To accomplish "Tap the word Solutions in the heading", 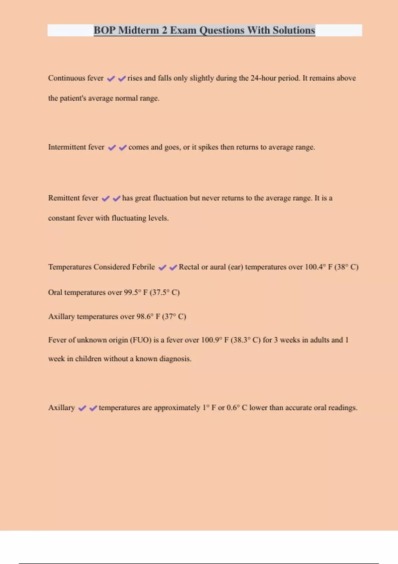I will click(x=294, y=30).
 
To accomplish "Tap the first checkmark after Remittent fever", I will click(x=105, y=198).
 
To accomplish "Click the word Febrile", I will click(x=143, y=267).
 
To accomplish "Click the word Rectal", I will click(x=189, y=267).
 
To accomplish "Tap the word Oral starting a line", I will click(x=55, y=293).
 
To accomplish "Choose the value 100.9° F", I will click(x=217, y=340).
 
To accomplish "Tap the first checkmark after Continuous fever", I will click(x=111, y=79).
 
